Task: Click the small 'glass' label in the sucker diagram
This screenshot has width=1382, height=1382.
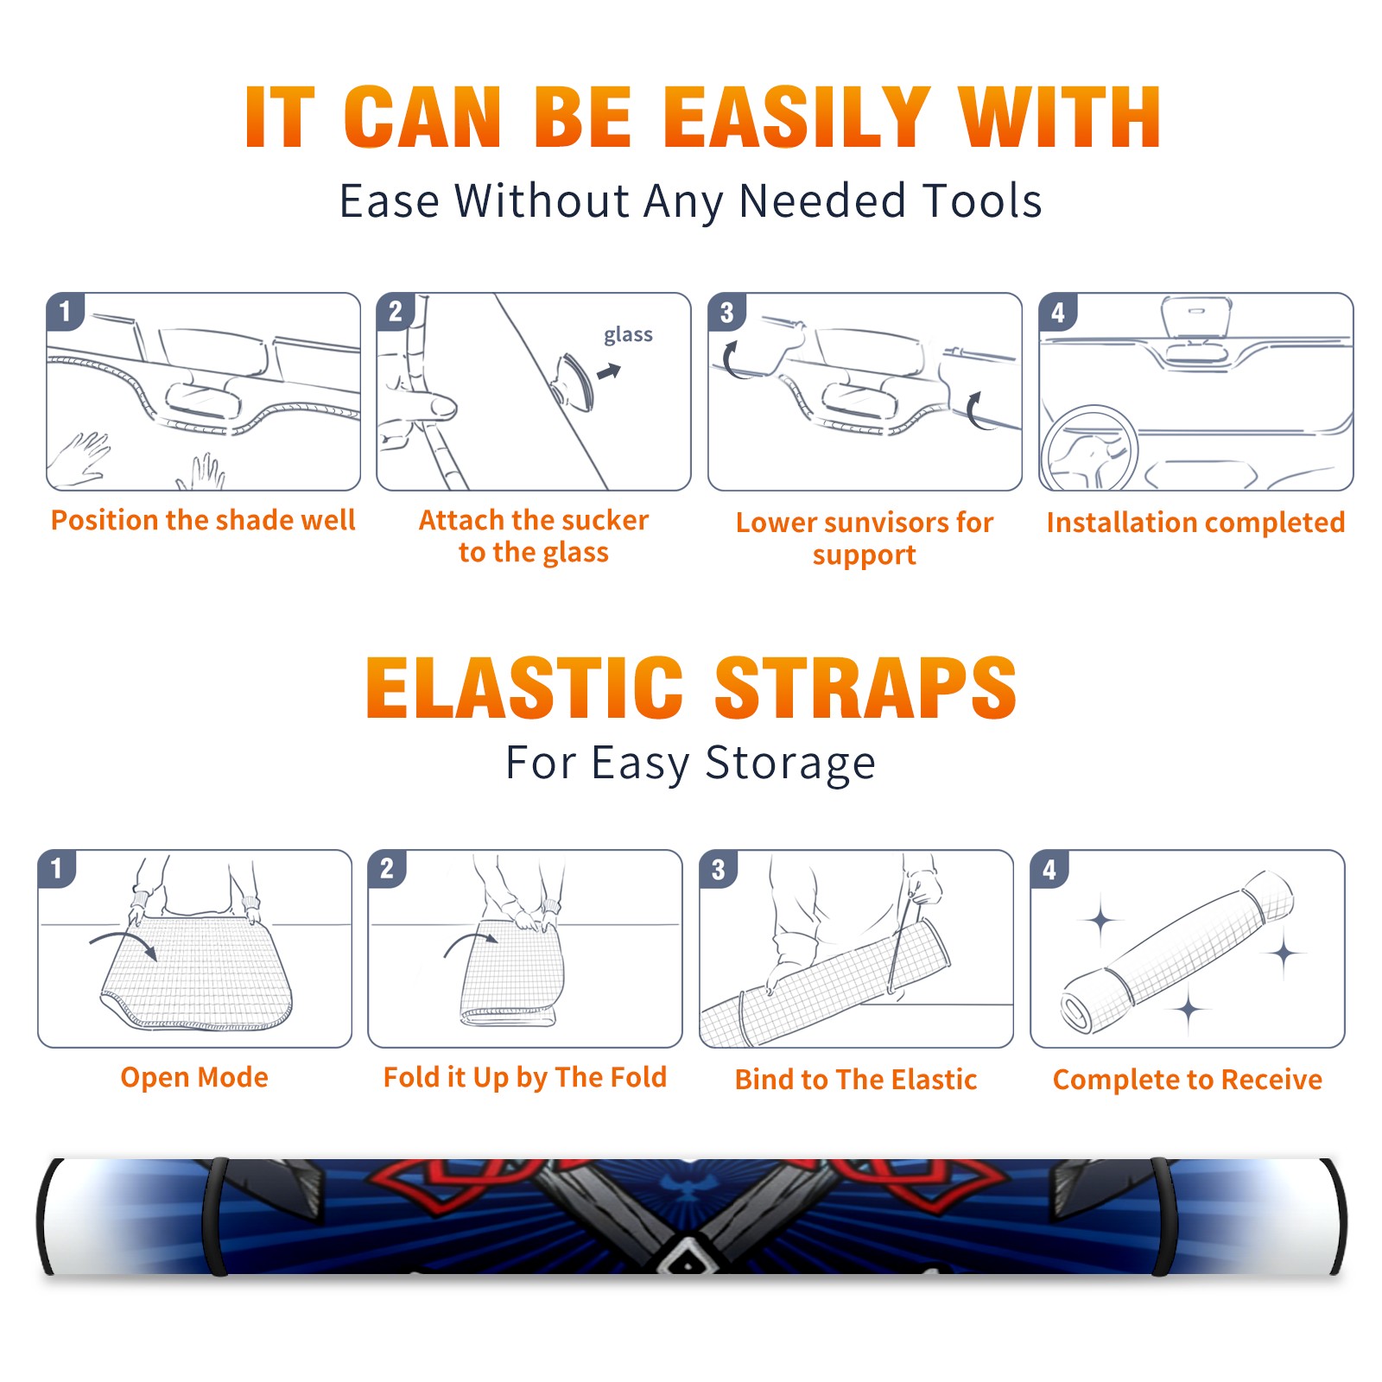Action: (x=628, y=335)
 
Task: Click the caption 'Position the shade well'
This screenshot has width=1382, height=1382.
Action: (x=203, y=520)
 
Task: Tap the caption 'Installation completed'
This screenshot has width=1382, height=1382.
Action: (x=1195, y=522)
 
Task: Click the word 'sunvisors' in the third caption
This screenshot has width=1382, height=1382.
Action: (x=884, y=522)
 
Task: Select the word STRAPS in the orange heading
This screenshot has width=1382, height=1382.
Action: (x=865, y=688)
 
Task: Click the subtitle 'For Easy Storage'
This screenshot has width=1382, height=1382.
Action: (x=691, y=763)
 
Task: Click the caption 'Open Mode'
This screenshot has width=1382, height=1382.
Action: (x=194, y=1077)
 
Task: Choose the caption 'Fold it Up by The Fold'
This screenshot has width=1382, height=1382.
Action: (x=525, y=1077)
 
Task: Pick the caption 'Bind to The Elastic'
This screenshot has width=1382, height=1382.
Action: (x=856, y=1079)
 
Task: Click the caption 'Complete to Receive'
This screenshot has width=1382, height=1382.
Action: (x=1188, y=1079)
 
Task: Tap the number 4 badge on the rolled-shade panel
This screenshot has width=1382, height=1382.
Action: (x=1049, y=869)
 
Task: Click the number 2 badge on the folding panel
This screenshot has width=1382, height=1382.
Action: (x=387, y=868)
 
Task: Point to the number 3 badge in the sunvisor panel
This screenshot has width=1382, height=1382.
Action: (x=726, y=312)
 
